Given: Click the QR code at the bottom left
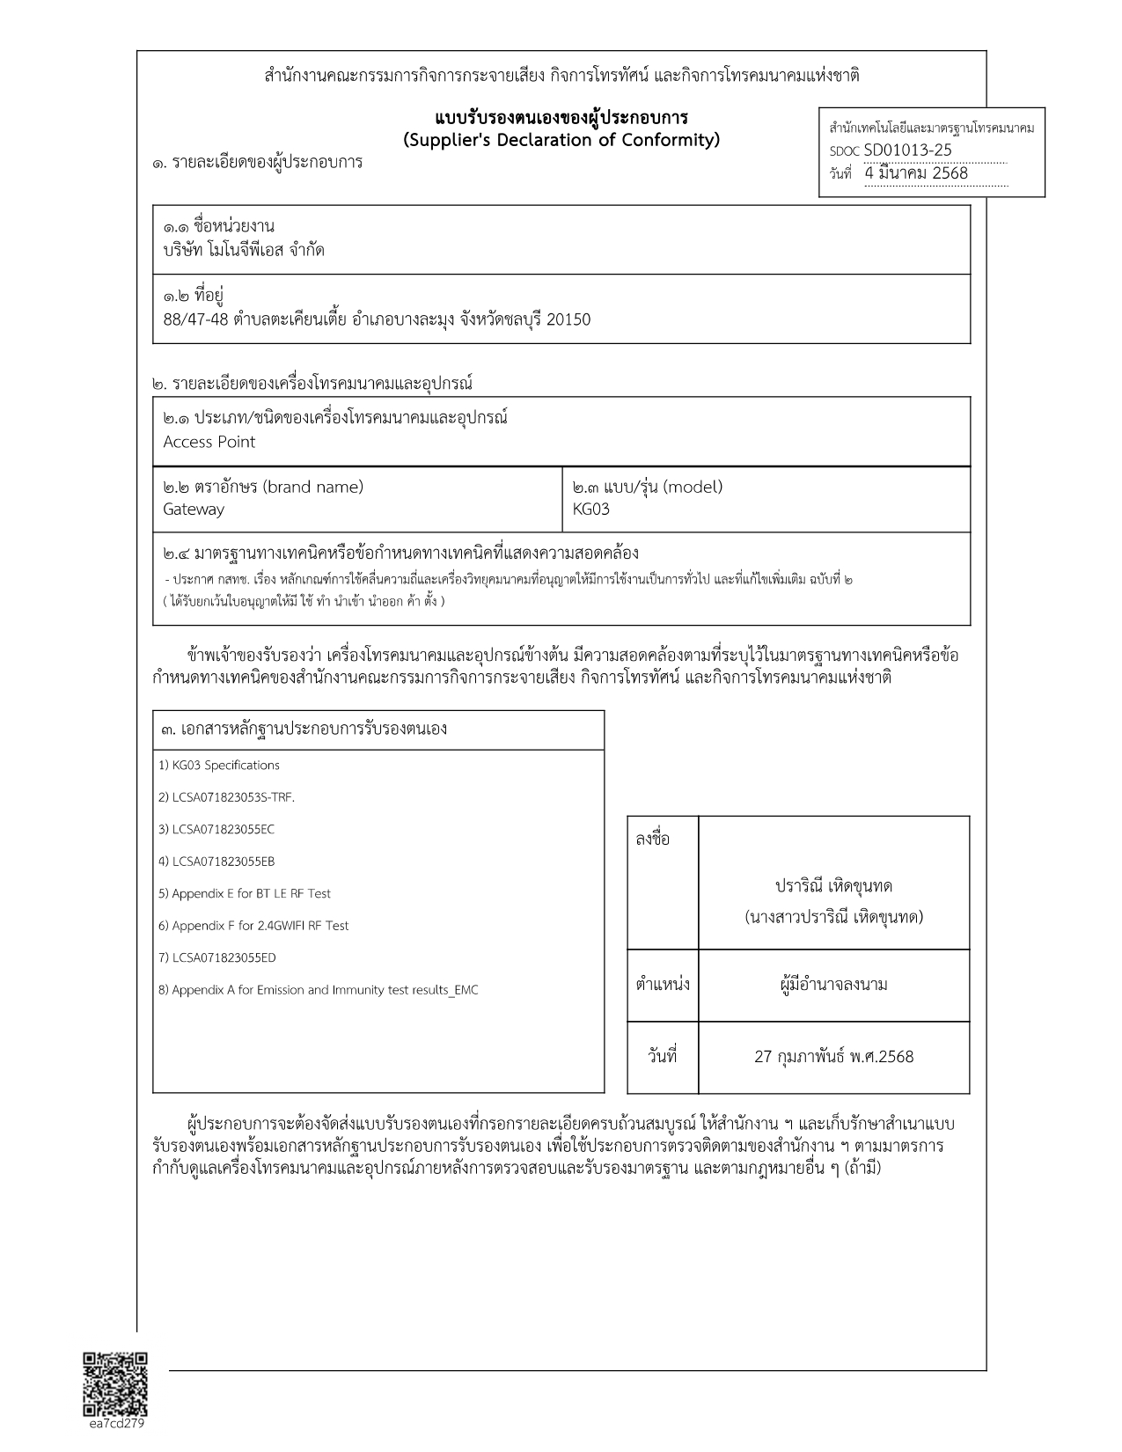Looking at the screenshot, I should pos(114,1383).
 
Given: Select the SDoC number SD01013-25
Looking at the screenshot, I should pos(907,150).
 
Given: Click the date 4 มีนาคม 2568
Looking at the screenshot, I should pos(916,173).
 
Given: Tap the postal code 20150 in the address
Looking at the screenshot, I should pos(568,319).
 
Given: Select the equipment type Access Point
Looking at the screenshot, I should pos(209,442).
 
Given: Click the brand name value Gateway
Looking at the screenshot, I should pos(194,510).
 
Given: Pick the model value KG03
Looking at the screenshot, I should pos(590,510).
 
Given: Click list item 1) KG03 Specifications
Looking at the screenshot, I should pos(219,766).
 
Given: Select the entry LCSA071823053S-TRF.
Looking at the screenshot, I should pos(226,797).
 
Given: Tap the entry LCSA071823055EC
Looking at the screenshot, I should pos(216,829).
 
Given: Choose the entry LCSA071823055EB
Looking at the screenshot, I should pos(216,862).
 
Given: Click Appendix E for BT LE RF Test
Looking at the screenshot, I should pos(245,893).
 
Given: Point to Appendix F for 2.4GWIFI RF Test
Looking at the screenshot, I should pos(253,926).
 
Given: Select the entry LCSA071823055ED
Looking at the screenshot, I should pos(217,957).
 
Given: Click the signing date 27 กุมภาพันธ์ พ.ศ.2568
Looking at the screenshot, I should pos(833,1057).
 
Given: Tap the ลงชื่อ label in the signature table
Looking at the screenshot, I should pos(652,840).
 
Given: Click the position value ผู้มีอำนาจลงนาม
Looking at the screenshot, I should pos(833,985).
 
